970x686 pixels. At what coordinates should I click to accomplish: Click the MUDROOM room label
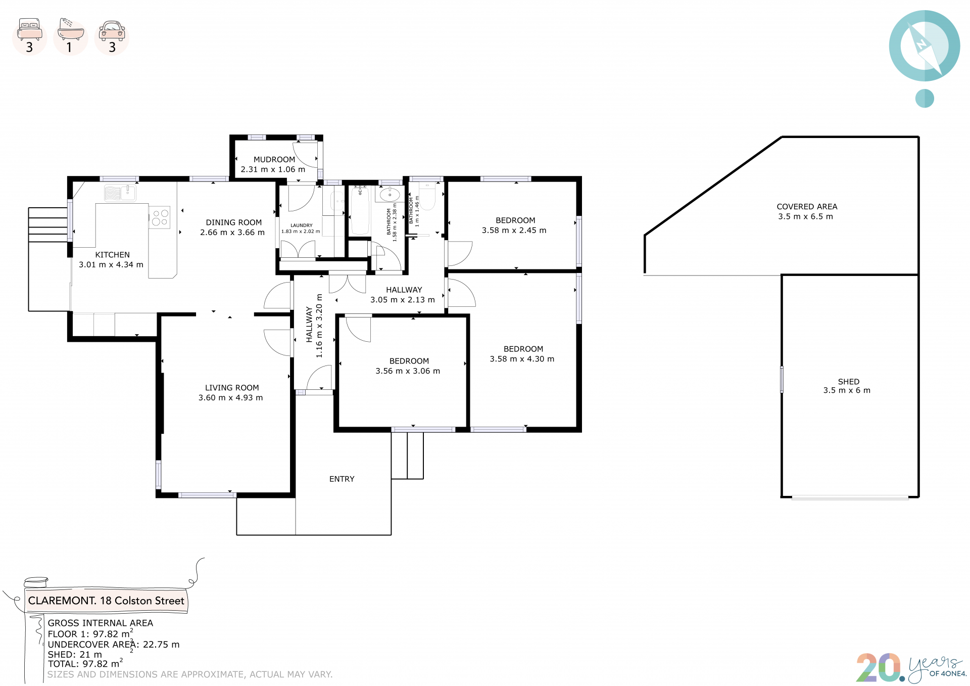[274, 159]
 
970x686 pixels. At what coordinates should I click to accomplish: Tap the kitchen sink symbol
[120, 193]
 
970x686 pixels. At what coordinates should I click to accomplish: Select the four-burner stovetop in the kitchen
[160, 217]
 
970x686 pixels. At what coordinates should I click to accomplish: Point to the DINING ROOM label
[234, 222]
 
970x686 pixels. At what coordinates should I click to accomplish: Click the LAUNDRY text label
[302, 225]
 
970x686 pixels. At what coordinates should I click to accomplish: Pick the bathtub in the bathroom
[360, 209]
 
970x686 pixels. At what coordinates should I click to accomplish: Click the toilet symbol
[427, 197]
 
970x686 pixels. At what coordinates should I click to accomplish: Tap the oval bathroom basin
[390, 195]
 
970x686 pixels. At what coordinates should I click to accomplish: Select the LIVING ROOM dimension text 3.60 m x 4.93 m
[231, 398]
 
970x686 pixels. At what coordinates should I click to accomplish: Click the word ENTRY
[342, 479]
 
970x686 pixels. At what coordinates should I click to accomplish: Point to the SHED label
[849, 382]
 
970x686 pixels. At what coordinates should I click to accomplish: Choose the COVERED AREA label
[807, 206]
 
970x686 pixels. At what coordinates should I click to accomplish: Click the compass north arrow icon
[925, 46]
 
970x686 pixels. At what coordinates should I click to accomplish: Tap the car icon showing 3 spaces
[112, 31]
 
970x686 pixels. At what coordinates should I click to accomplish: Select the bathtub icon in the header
[71, 29]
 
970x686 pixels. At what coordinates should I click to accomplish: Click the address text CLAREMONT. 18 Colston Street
[106, 601]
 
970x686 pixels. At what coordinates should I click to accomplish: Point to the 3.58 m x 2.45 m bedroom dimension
[514, 231]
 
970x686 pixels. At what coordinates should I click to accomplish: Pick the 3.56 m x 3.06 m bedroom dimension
[408, 371]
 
